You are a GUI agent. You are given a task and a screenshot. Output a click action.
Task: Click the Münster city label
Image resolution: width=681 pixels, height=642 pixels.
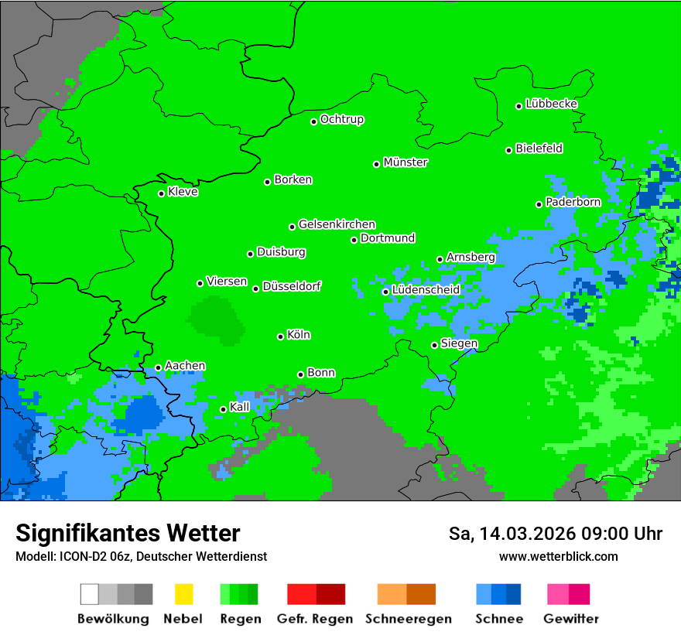(x=406, y=162)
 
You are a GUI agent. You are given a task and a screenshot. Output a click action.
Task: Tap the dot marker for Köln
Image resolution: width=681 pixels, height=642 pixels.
(x=281, y=336)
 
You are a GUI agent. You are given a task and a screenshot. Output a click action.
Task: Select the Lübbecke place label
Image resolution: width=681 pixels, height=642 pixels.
(x=552, y=104)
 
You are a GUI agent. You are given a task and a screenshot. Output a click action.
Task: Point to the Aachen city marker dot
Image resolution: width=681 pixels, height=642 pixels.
(x=159, y=368)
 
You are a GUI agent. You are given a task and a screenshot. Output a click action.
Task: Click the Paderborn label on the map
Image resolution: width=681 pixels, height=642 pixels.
(x=573, y=202)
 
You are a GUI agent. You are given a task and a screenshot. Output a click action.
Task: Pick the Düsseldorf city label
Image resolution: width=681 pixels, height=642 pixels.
(x=292, y=286)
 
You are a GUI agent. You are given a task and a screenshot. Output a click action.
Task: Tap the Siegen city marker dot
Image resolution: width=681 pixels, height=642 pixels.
(x=435, y=345)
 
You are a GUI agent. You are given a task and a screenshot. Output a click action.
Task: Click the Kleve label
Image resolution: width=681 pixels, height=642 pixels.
(x=183, y=192)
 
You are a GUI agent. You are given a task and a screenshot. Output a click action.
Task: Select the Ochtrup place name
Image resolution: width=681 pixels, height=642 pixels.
(x=342, y=119)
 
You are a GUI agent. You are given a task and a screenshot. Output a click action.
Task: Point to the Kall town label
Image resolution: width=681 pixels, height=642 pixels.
(x=240, y=407)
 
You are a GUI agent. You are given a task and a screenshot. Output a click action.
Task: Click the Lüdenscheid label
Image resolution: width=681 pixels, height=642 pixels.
(x=426, y=290)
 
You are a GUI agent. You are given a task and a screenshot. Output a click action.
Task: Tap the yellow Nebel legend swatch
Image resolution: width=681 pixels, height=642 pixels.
(x=183, y=594)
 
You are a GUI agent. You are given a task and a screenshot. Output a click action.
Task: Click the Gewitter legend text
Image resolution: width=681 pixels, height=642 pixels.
(x=571, y=619)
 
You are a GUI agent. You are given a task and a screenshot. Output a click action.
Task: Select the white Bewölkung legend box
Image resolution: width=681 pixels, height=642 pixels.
(x=90, y=594)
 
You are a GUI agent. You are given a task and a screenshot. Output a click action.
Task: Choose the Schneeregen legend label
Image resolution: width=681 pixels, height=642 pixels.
(x=409, y=619)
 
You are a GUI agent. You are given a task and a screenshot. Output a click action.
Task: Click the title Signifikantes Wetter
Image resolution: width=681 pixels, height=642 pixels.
(x=128, y=533)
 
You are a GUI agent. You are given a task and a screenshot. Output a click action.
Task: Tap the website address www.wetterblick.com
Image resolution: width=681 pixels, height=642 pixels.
(x=559, y=556)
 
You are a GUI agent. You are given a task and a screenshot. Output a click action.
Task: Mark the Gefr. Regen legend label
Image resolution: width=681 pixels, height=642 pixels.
(x=315, y=619)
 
